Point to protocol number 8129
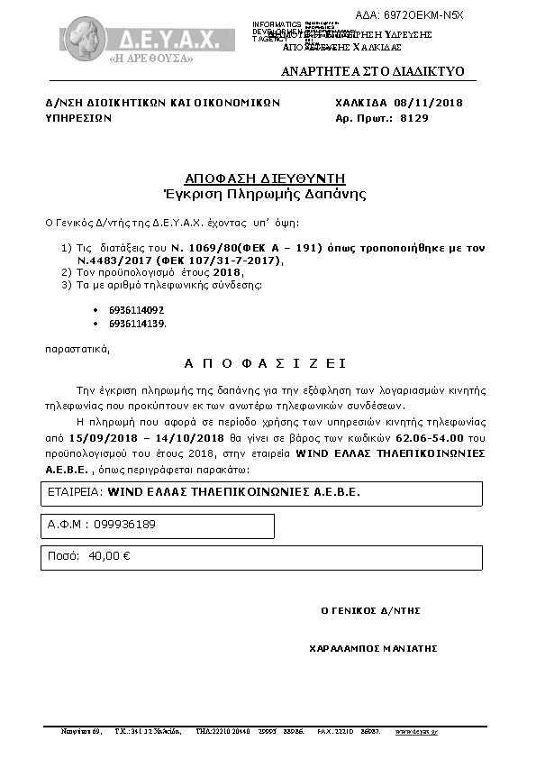[414, 117]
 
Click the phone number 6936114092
[136, 310]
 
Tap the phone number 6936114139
[136, 323]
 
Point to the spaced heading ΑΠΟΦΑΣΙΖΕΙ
[265, 363]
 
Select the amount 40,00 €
[110, 556]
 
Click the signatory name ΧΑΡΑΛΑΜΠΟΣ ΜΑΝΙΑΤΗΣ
[372, 647]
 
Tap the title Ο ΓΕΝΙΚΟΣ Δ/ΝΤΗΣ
[371, 610]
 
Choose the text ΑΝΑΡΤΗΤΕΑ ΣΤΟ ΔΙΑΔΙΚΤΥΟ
[372, 70]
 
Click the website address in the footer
[416, 731]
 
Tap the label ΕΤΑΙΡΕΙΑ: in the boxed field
[75, 493]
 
